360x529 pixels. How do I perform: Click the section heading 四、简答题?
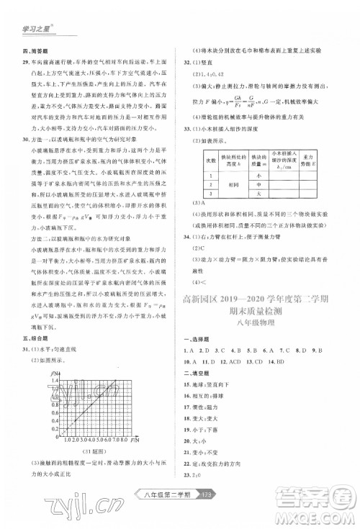(x=32, y=54)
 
